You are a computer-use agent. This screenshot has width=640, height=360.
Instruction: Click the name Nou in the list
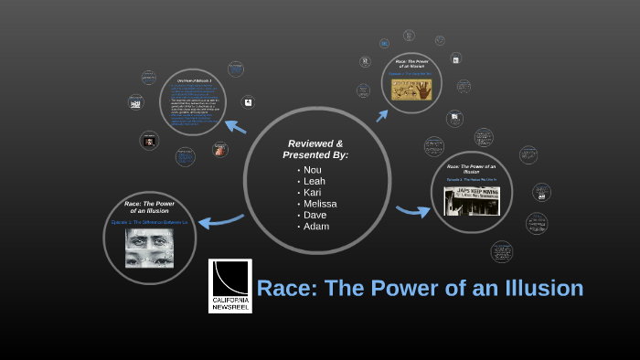click(312, 170)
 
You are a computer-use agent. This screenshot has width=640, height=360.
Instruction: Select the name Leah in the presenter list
click(314, 181)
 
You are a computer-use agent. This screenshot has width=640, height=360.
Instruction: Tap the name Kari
click(313, 192)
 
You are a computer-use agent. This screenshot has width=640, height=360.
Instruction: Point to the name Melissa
click(320, 204)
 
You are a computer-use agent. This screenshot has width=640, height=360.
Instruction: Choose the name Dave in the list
click(315, 215)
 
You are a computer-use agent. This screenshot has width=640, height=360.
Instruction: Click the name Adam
click(315, 226)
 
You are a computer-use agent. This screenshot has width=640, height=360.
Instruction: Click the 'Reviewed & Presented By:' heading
click(316, 149)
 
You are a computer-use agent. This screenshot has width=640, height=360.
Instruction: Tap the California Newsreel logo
click(230, 285)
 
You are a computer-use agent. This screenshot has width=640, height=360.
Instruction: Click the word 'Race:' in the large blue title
click(285, 288)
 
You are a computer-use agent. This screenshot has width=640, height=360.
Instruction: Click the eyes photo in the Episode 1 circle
click(149, 248)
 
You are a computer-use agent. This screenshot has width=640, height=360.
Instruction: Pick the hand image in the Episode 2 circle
click(412, 89)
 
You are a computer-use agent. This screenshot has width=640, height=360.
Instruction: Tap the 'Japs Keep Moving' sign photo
click(472, 201)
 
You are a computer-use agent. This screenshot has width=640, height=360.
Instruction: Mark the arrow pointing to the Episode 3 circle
click(413, 211)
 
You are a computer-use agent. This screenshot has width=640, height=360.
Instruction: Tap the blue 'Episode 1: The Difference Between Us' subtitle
click(149, 222)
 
